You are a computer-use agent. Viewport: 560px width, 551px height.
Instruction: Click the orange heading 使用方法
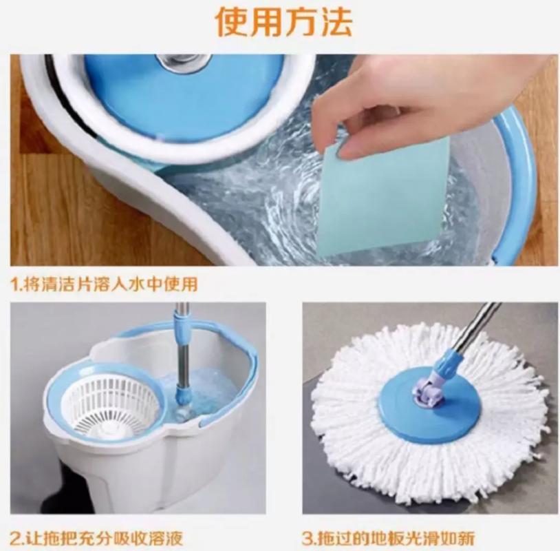tap(284, 21)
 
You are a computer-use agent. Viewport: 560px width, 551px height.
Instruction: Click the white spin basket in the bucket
tap(111, 405)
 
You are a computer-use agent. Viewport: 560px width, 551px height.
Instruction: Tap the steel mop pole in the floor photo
tap(475, 331)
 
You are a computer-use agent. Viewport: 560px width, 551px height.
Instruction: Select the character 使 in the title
tap(232, 21)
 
